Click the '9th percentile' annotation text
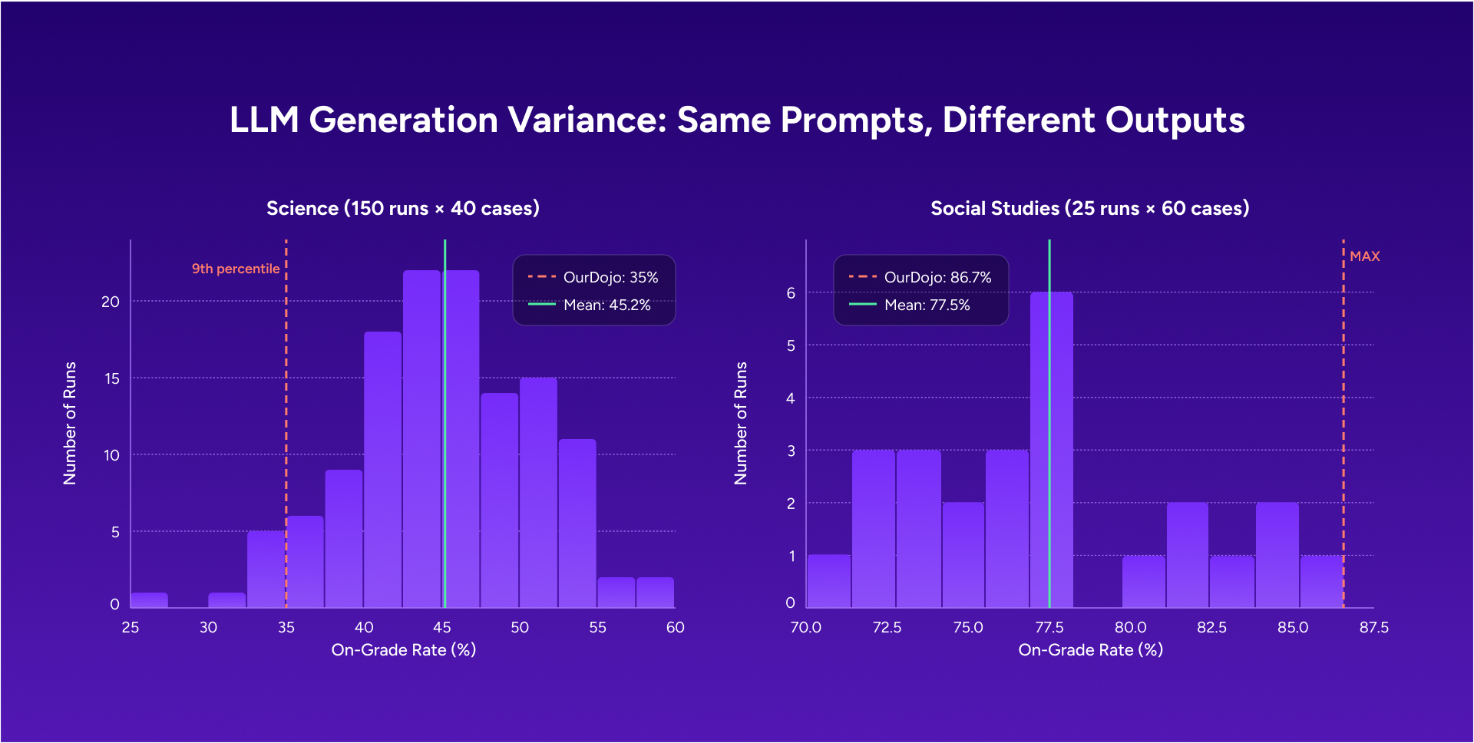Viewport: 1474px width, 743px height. [235, 269]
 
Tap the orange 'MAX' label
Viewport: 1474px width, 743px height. [1364, 256]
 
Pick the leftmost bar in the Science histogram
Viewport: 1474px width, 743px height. [149, 599]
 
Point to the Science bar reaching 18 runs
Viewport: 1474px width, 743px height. [382, 470]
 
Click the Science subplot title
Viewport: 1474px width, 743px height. [402, 208]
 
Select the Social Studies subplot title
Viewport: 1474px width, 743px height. [1089, 208]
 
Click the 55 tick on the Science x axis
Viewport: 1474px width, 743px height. [597, 627]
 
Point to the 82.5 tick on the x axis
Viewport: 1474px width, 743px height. [1211, 627]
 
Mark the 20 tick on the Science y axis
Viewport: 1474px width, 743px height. [111, 302]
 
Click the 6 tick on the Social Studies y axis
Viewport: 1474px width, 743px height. [791, 292]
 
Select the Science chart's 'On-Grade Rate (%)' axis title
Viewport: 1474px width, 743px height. [403, 650]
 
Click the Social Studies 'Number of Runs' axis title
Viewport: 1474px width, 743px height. [740, 423]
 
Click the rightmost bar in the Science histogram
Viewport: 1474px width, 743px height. [655, 593]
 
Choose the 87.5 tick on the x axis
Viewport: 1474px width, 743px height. [1373, 627]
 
